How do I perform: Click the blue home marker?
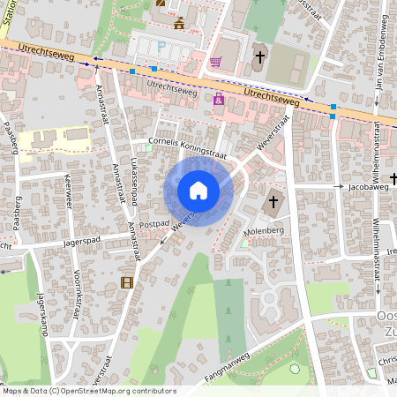click(198, 191)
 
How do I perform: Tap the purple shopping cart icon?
click(215, 62)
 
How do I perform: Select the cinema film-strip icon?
click(127, 282)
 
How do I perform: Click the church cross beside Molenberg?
click(273, 202)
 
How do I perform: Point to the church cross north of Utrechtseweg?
click(260, 58)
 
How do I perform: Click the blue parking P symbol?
click(161, 44)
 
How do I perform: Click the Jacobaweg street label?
click(368, 187)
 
